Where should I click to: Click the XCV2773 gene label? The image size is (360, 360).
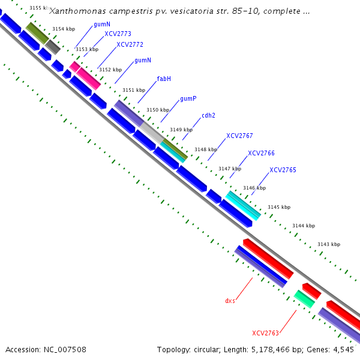coord(118,34)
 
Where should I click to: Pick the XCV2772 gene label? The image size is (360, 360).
coord(130,45)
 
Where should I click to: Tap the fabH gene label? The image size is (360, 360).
coord(164,79)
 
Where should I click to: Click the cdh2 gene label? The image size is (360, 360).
coord(208,116)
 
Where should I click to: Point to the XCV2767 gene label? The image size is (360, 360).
coord(239,136)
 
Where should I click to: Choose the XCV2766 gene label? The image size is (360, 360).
coord(261,153)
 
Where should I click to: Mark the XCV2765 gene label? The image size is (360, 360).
coord(283,170)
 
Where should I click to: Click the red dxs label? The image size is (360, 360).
coord(230,301)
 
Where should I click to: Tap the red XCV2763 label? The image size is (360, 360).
coord(266,333)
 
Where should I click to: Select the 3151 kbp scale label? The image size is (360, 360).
coord(134,90)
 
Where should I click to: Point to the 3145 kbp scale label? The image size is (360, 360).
coord(279,207)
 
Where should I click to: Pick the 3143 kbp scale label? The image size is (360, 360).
coord(329,244)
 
